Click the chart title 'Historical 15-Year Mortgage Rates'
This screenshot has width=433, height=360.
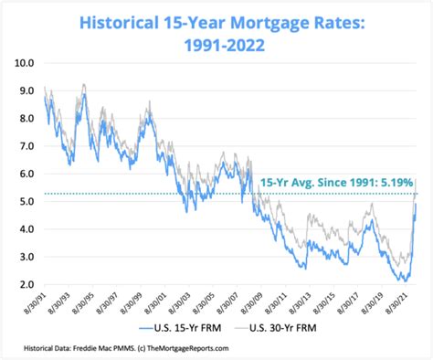pyautogui.click(x=216, y=18)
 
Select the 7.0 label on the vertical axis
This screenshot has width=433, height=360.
pyautogui.click(x=25, y=146)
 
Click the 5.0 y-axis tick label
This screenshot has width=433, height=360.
pyautogui.click(x=25, y=202)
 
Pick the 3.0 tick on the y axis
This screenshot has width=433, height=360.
pyautogui.click(x=25, y=258)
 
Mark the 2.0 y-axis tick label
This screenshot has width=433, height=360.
pyautogui.click(x=25, y=285)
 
